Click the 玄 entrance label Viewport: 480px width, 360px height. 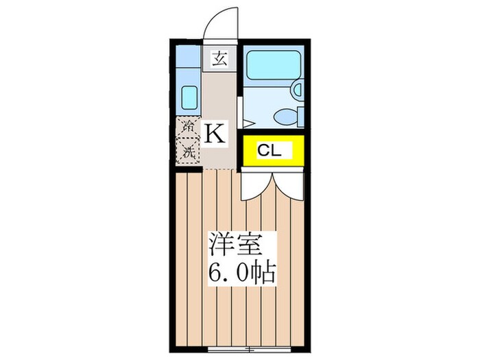click(x=219, y=58)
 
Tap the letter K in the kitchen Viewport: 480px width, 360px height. click(x=215, y=132)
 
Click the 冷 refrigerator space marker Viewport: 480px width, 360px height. click(x=187, y=127)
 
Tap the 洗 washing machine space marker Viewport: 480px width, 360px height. click(x=187, y=151)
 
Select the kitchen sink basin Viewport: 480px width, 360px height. click(x=188, y=99)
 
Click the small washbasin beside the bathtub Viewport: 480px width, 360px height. click(x=297, y=89)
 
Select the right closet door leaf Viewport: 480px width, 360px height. click(x=287, y=184)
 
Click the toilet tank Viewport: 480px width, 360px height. click(x=300, y=117)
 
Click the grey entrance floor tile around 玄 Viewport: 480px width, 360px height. click(x=219, y=69)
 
